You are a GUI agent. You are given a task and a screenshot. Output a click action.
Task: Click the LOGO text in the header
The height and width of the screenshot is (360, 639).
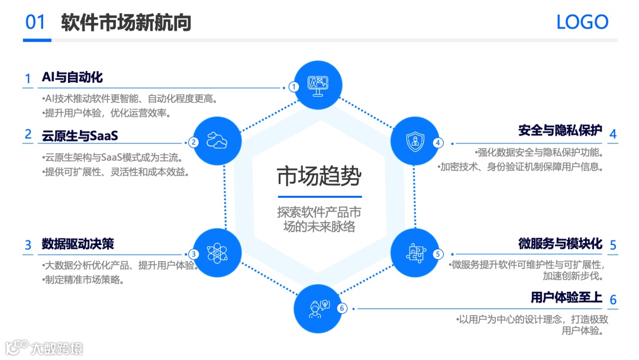point(582,22)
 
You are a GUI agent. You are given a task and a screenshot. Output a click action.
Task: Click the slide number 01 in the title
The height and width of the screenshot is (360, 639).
point(35,22)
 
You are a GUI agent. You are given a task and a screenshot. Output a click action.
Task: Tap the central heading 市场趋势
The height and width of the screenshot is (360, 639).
point(319,176)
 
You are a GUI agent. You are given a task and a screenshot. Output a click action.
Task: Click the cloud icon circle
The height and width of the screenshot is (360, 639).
point(217,141)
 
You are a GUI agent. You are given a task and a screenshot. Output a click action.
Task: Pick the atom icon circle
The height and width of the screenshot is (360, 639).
point(217,253)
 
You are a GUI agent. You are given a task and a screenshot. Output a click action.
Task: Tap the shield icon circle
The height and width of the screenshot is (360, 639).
point(414,141)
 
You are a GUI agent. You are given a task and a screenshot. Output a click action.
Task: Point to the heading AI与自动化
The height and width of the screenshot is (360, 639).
point(72,78)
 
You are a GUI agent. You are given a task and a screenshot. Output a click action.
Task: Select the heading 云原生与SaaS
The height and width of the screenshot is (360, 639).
point(80,136)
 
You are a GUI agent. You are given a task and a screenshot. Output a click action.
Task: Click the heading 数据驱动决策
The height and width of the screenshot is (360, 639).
point(78,244)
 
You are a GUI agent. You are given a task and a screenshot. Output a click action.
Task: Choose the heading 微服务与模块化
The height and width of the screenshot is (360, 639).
point(560,243)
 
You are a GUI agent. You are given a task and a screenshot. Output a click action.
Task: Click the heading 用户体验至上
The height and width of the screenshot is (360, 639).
point(566,297)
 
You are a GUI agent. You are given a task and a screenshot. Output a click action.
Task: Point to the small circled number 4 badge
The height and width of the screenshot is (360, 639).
point(438,143)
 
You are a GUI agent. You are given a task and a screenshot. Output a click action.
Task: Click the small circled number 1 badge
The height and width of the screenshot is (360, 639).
point(294,87)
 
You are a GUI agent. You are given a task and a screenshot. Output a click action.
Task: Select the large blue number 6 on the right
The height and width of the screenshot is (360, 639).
point(613,300)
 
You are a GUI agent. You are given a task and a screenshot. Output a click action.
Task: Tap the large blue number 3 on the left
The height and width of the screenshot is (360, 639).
point(28,245)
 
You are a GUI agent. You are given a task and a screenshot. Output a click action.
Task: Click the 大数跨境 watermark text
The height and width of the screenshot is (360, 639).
point(57,348)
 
